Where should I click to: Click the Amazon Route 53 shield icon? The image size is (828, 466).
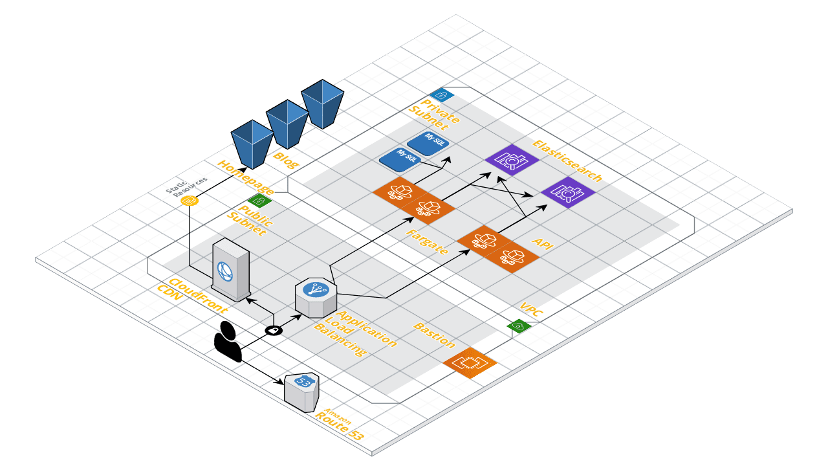301,392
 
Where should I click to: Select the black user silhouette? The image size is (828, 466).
228,341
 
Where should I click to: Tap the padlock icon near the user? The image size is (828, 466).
274,330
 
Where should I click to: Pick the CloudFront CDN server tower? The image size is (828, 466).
231,269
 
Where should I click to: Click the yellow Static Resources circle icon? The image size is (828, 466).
190,201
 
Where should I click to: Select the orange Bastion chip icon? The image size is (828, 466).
470,363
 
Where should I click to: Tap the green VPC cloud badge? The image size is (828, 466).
519,326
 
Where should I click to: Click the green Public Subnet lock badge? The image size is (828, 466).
259,201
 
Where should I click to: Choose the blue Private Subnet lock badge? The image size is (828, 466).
442,94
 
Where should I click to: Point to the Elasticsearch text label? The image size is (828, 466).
567,161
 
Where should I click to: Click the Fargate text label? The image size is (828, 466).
427,242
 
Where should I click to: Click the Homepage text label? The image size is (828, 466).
246,177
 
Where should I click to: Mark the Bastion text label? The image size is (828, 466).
434,335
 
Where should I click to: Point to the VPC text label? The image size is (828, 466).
531,309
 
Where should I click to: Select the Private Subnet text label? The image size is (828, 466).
434,115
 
